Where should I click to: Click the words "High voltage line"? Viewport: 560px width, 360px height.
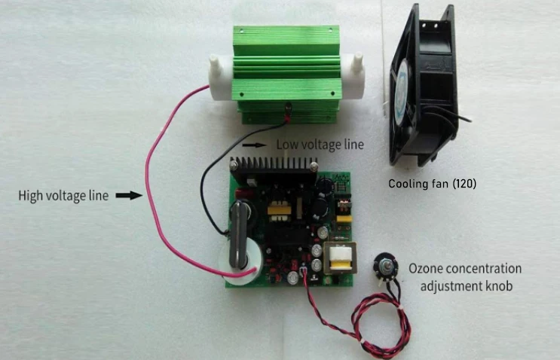tap(63, 197)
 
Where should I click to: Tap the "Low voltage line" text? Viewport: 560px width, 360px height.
tap(320, 145)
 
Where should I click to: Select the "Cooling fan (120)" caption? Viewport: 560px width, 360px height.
tap(433, 183)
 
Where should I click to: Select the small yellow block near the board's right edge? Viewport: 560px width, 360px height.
tap(346, 219)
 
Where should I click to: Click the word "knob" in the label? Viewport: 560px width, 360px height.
tap(495, 285)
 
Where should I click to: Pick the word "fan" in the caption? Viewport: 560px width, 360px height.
tap(442, 183)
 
